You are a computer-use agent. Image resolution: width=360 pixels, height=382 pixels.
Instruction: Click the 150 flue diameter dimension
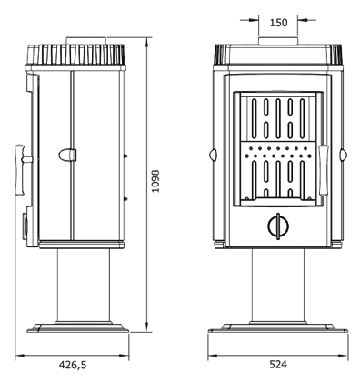(278, 23)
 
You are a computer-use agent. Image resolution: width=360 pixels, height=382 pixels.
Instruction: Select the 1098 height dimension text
(155, 181)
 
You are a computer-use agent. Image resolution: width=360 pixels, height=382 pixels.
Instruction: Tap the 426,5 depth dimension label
(73, 365)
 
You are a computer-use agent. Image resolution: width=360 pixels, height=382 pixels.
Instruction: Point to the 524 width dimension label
(278, 364)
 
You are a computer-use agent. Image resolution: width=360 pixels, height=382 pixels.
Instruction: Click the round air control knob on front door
(278, 226)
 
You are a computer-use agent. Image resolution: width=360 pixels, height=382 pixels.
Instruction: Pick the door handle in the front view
(324, 170)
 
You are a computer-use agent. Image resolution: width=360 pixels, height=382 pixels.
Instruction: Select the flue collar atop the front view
(278, 41)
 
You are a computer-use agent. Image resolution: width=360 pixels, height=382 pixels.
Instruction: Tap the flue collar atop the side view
(86, 41)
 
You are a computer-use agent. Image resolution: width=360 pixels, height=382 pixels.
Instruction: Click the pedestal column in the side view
(84, 286)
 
